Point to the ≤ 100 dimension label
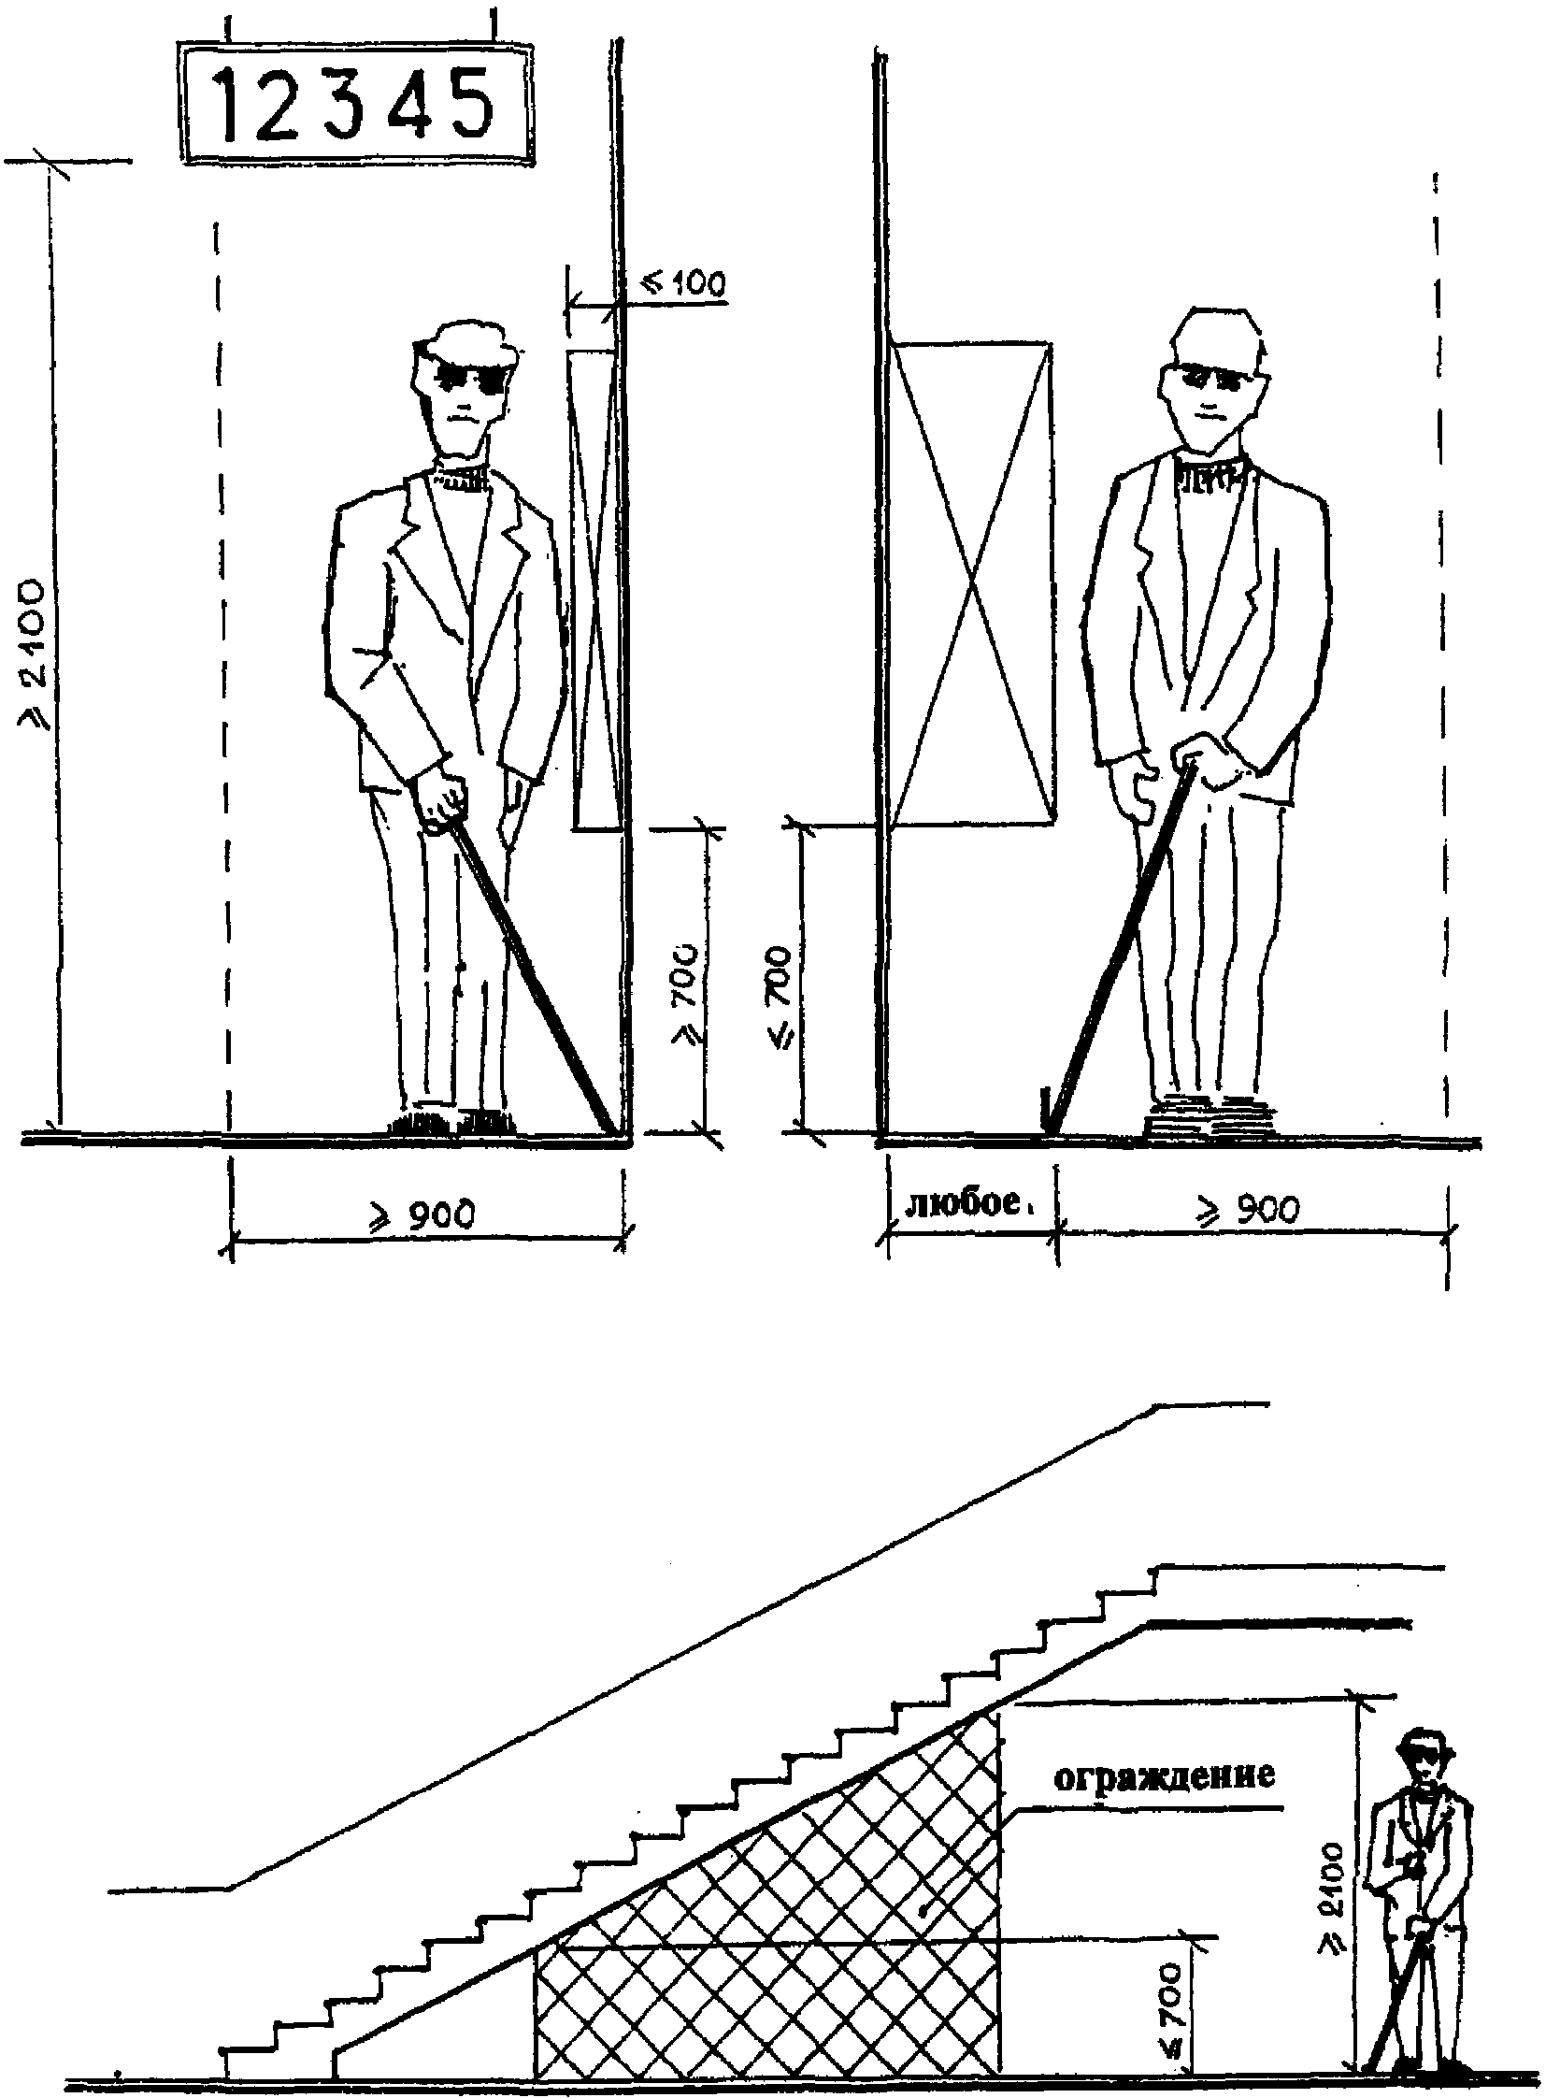[682, 281]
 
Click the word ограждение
[1165, 1779]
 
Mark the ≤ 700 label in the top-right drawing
[779, 998]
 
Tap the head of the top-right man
[1215, 380]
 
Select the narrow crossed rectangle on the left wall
[596, 590]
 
